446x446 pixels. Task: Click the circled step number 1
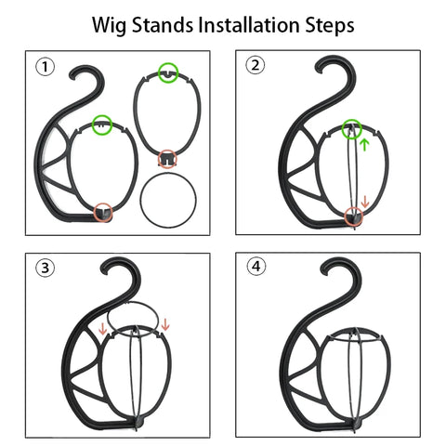pyautogui.click(x=44, y=67)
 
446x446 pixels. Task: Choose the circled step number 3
pyautogui.click(x=43, y=269)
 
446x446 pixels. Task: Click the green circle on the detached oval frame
pyautogui.click(x=168, y=71)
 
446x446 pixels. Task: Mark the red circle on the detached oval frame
pyautogui.click(x=167, y=157)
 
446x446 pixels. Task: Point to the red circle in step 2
pyautogui.click(x=354, y=216)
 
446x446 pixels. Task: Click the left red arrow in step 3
pyautogui.click(x=102, y=327)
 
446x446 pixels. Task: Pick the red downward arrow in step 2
pyautogui.click(x=365, y=202)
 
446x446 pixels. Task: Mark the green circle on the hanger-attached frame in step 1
pyautogui.click(x=103, y=122)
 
